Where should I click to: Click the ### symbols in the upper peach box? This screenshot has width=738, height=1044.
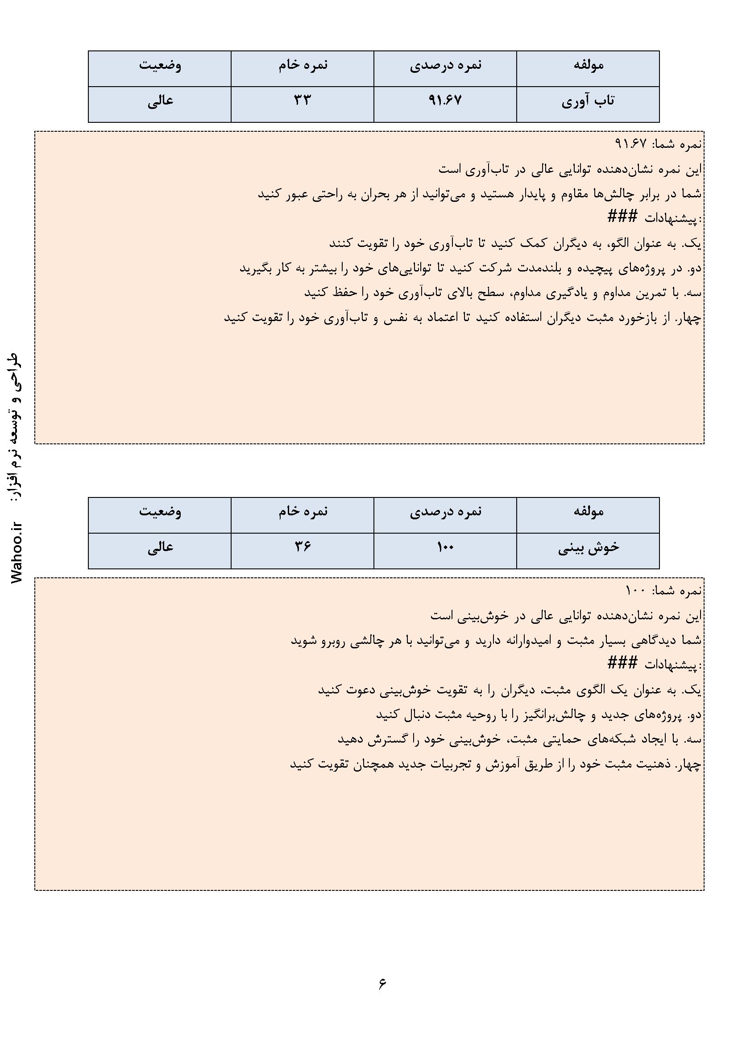[622, 217]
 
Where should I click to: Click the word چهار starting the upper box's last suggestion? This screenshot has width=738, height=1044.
[690, 319]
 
